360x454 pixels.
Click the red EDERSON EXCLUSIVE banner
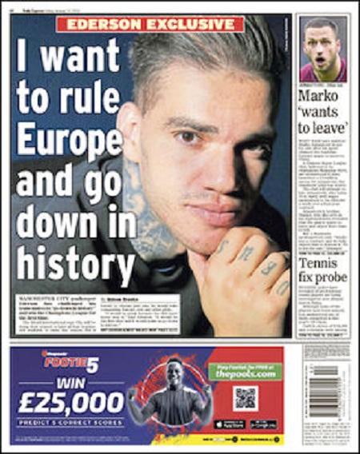pyautogui.click(x=150, y=24)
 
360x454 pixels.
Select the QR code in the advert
pyautogui.click(x=245, y=399)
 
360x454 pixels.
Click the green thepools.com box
pyautogui.click(x=245, y=370)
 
